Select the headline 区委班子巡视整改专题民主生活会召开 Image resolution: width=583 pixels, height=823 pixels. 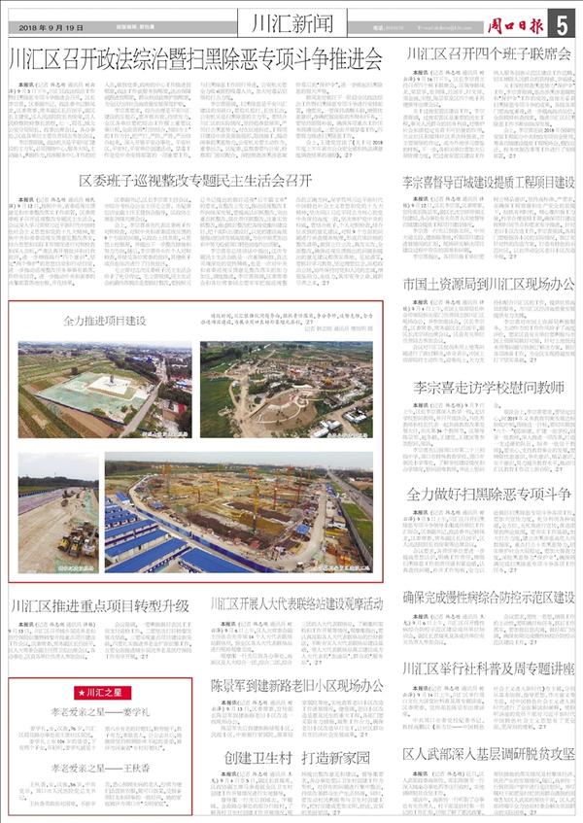pyautogui.click(x=194, y=181)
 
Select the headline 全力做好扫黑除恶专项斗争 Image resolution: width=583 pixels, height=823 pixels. pyautogui.click(x=488, y=494)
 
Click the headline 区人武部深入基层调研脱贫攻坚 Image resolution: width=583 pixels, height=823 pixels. pyautogui.click(x=488, y=754)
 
